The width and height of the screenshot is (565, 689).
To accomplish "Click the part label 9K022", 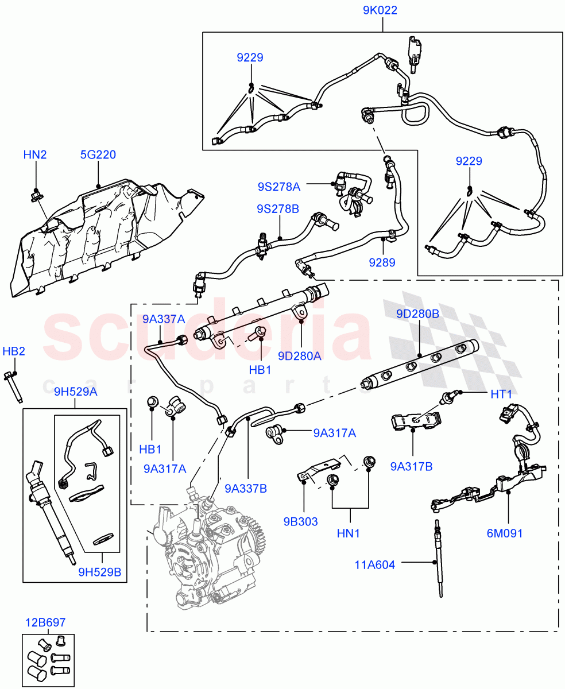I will click(380, 10).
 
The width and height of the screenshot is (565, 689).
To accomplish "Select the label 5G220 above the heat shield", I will click(98, 154).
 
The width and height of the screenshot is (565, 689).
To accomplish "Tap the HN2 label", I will click(36, 154).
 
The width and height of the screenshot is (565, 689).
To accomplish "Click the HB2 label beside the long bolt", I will click(14, 351).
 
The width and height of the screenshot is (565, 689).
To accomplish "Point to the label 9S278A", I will click(278, 186).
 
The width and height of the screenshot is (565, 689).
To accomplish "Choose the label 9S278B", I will click(278, 209).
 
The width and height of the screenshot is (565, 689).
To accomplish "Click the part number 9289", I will click(382, 262).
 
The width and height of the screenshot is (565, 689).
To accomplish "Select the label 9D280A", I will click(300, 356).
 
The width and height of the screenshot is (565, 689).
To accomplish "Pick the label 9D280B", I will click(417, 314).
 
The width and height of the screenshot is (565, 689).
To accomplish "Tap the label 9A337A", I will click(164, 319).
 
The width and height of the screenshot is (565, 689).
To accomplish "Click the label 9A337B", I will click(246, 489).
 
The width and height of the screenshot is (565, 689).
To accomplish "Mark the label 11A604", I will click(375, 565).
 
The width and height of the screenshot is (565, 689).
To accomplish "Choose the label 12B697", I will click(45, 622).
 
